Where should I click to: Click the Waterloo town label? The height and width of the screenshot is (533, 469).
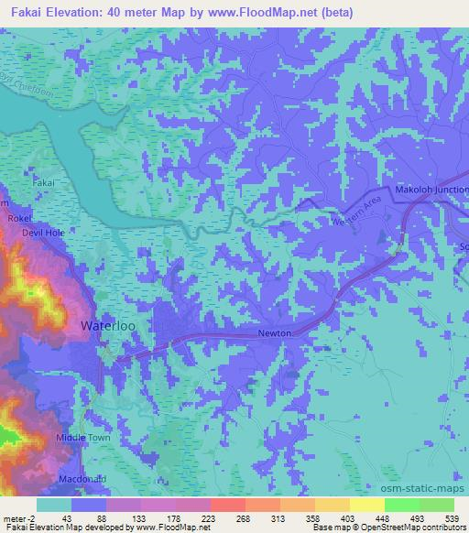pyautogui.click(x=109, y=326)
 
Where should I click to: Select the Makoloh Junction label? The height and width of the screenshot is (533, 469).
pyautogui.click(x=430, y=190)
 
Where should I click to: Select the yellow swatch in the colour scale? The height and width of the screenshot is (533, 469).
pyautogui.click(x=366, y=505)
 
